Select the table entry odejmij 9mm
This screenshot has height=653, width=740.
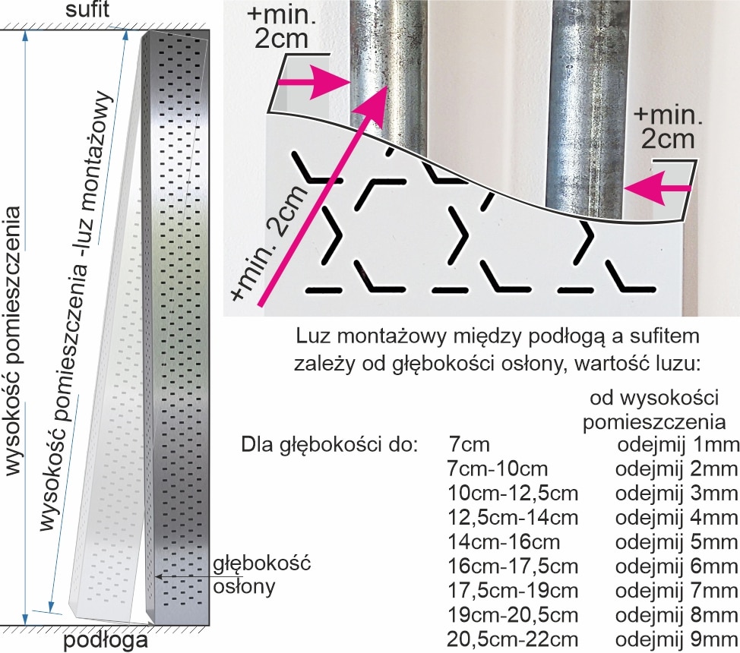tap(675, 639)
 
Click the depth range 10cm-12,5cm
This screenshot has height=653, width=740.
tap(514, 493)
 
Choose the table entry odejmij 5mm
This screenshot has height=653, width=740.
tap(675, 541)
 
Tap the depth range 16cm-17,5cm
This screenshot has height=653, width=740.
tap(514, 566)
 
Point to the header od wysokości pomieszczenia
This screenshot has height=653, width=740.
tap(658, 410)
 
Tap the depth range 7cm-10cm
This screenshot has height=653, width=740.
tap(498, 468)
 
